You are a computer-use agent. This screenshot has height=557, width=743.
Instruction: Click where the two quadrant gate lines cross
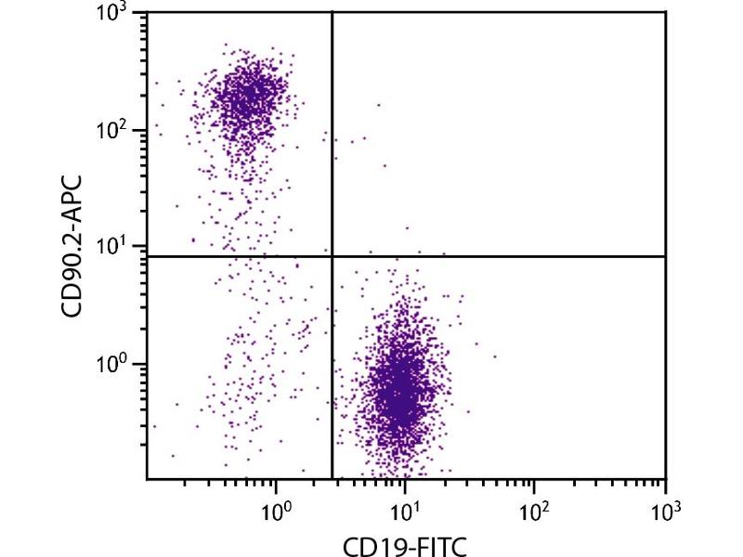click(x=332, y=255)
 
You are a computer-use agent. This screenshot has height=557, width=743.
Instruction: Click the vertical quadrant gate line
click(x=332, y=139)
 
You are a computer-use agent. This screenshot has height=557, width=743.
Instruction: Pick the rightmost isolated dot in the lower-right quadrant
click(x=495, y=356)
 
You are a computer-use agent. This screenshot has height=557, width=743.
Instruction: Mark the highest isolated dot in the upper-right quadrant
click(x=378, y=105)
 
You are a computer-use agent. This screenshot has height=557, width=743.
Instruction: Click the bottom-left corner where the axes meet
click(x=147, y=479)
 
